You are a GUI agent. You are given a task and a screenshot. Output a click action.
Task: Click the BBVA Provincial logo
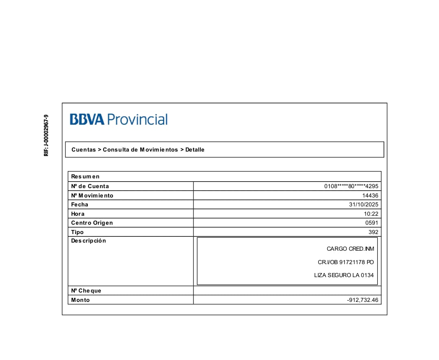tap(118, 119)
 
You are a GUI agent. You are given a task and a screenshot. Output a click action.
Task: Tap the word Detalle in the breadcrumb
tap(195, 150)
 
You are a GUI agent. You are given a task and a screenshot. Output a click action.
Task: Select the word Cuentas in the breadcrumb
tap(84, 150)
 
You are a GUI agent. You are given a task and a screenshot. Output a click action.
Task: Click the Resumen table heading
tap(85, 177)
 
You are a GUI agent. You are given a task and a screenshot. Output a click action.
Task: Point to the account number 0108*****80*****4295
tap(351, 187)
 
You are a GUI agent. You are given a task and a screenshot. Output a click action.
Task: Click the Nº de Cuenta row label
tap(90, 187)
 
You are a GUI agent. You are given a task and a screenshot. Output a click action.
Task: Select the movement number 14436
tap(370, 196)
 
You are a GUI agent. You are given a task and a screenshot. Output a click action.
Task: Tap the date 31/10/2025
tap(363, 205)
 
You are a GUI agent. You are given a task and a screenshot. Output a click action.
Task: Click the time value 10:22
tap(371, 214)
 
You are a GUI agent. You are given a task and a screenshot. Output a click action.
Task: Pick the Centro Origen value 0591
tap(372, 223)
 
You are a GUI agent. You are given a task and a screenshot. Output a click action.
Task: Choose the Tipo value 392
tap(373, 232)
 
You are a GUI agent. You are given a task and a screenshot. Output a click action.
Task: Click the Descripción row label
tap(89, 241)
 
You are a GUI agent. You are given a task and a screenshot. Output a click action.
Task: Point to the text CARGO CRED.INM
tap(350, 249)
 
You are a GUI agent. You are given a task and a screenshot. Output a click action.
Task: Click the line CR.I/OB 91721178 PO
tap(346, 262)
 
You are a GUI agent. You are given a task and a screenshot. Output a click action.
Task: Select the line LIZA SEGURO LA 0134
tap(343, 275)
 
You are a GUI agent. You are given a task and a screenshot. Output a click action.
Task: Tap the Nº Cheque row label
tap(86, 291)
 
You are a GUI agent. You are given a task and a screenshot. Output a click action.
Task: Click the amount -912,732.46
tap(363, 300)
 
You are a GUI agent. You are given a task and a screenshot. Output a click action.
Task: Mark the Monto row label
tap(80, 300)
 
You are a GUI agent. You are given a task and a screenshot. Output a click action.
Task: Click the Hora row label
tap(78, 214)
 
